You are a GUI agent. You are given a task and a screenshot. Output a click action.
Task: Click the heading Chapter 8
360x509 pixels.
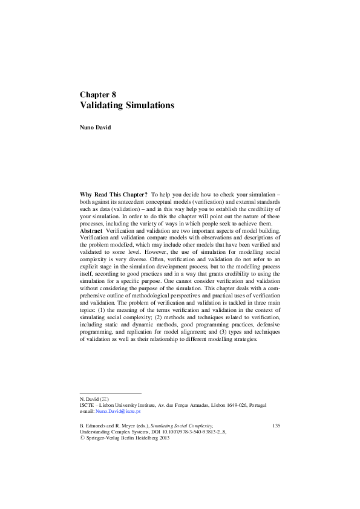pyautogui.click(x=97, y=94)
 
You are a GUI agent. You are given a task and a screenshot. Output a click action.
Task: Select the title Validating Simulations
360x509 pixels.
pyautogui.click(x=127, y=105)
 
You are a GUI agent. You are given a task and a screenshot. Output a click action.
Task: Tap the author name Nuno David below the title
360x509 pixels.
pyautogui.click(x=96, y=128)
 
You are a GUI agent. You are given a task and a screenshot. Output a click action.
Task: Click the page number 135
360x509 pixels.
pyautogui.click(x=275, y=426)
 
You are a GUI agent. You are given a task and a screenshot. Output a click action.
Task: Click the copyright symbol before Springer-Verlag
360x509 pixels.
pyautogui.click(x=82, y=439)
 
